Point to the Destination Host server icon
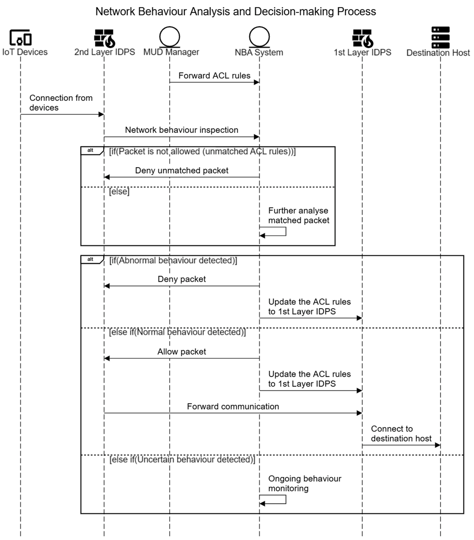click(x=440, y=37)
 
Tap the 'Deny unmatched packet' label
click(x=182, y=170)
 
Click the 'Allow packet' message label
click(x=182, y=352)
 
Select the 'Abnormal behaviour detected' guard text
click(x=173, y=260)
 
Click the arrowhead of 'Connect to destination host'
click(x=437, y=445)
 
